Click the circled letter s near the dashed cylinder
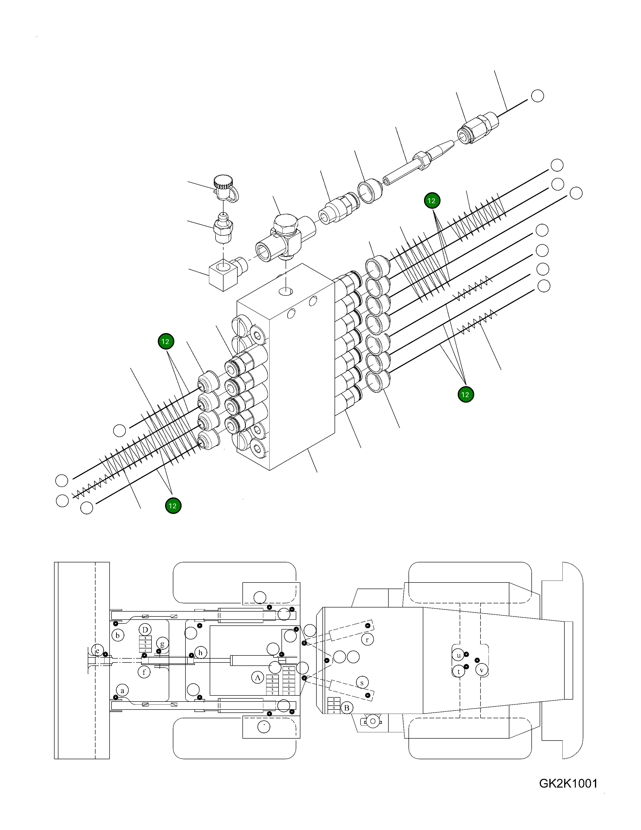tap(361, 683)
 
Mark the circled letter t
tap(458, 671)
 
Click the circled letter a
tap(122, 690)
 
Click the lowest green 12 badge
tap(173, 506)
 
